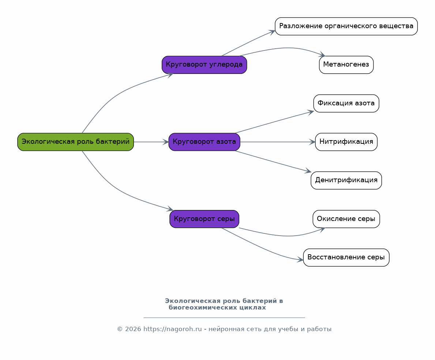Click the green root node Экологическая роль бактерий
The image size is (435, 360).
coord(75,142)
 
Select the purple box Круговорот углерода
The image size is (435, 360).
coord(204,65)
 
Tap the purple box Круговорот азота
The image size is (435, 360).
coord(204,142)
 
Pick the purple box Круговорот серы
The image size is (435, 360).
coord(204,219)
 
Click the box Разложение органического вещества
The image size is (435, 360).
coord(346,26)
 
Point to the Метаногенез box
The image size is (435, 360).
coord(346,65)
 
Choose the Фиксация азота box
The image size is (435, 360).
coord(346,103)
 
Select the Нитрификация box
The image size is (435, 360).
coord(346,142)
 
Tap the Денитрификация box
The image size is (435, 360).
coord(346,180)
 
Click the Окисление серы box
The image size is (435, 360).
coord(346,219)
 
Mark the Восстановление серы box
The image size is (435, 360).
coord(346,258)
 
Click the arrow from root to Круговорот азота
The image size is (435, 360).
coord(151,142)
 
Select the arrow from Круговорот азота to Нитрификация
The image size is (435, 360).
coord(278,142)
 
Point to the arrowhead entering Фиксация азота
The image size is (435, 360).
coord(311,112)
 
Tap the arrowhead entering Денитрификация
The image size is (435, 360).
coord(308,171)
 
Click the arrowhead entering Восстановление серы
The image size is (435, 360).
coord(300,260)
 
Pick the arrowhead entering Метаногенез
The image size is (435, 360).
coord(322,55)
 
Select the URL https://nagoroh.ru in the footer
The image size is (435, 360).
coord(173,329)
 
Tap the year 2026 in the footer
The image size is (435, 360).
coord(133,329)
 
